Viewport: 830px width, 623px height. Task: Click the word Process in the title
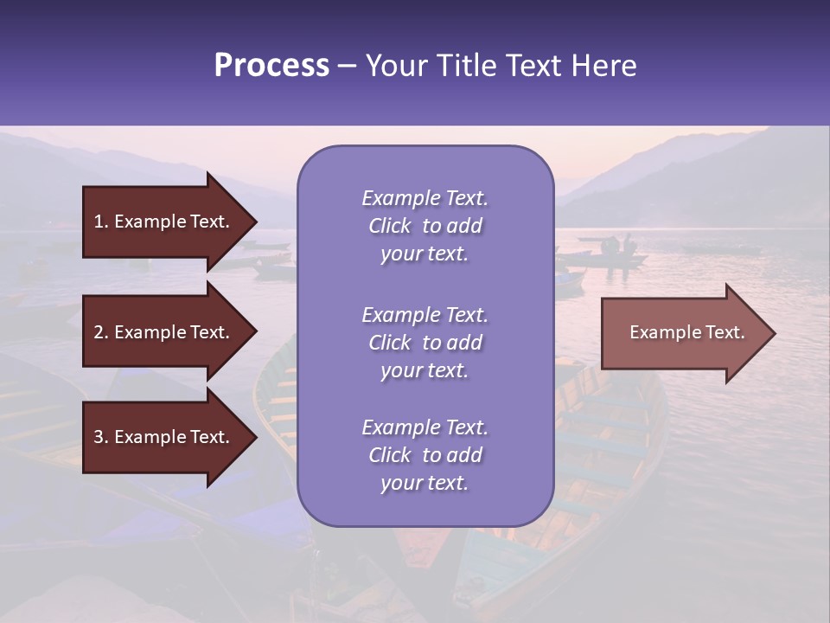(x=271, y=66)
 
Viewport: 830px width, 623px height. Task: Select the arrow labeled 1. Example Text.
(x=164, y=222)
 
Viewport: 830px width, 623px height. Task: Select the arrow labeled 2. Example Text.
(x=164, y=332)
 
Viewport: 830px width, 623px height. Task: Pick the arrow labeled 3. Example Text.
(x=164, y=437)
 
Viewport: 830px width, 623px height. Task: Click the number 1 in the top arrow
(x=99, y=222)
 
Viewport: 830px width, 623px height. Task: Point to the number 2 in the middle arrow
(x=99, y=332)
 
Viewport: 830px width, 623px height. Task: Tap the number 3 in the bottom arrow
(x=99, y=437)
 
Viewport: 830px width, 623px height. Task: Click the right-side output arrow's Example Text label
(x=686, y=332)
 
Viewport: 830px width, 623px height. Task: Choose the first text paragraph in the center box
(x=425, y=226)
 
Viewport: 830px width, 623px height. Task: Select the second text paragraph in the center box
(x=425, y=343)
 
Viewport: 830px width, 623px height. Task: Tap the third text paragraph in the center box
(x=425, y=455)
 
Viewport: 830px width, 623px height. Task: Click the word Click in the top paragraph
(x=390, y=226)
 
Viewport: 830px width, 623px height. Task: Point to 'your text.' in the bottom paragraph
(x=425, y=483)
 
